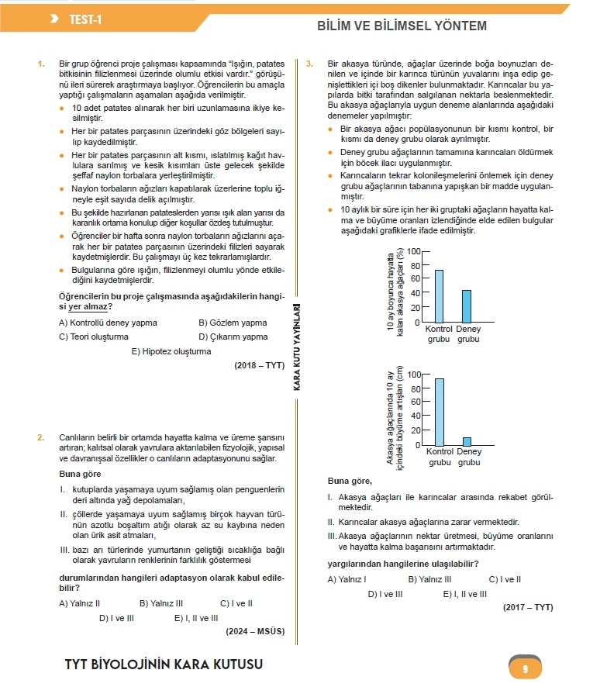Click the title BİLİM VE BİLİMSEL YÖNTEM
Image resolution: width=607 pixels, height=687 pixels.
(402, 26)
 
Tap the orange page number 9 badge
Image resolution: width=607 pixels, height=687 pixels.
(525, 668)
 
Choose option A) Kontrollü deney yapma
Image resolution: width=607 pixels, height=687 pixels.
(108, 323)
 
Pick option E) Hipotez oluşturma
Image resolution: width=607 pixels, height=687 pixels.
(171, 351)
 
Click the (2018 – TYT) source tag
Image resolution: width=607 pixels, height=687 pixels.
(259, 365)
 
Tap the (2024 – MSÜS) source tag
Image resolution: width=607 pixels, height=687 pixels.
(255, 631)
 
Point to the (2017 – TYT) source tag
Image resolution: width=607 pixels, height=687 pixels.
(528, 607)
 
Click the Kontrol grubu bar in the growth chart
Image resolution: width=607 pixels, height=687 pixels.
(439, 413)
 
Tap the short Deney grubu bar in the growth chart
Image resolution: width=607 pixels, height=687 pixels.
(467, 442)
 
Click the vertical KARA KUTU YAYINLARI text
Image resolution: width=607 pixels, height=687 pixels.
(297, 347)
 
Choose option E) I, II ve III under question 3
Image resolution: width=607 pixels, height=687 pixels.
(464, 594)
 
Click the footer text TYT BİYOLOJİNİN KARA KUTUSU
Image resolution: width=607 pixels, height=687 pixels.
(164, 665)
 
